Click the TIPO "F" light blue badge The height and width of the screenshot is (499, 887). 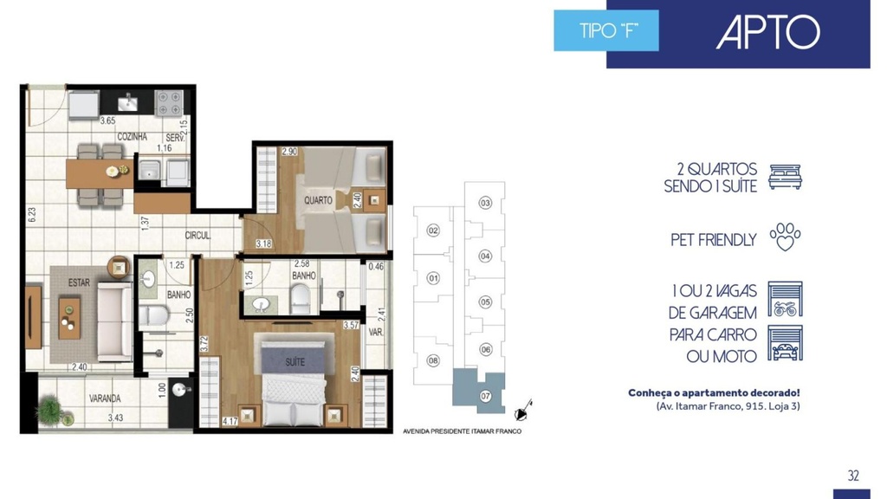click(x=605, y=30)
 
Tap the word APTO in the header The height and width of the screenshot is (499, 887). click(x=767, y=32)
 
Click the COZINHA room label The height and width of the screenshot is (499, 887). click(x=132, y=137)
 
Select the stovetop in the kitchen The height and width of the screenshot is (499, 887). click(x=169, y=103)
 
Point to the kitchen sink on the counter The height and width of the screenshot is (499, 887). click(x=128, y=102)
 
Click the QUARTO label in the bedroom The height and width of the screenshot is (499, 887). click(x=318, y=200)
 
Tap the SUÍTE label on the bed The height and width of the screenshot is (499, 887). click(x=295, y=361)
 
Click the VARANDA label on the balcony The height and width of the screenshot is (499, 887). click(x=105, y=399)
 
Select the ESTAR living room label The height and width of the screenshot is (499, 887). click(x=79, y=282)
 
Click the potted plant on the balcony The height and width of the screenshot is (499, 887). click(x=52, y=410)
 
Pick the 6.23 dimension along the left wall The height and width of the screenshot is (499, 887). click(x=32, y=215)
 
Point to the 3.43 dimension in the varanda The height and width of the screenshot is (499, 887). click(x=115, y=418)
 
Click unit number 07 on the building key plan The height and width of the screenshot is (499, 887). click(x=485, y=396)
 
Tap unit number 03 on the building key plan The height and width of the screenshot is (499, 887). click(x=485, y=203)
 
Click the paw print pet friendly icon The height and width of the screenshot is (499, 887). click(x=785, y=237)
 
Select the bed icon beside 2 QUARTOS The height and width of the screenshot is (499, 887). click(x=785, y=177)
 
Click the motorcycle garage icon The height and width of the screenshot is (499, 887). click(x=785, y=299)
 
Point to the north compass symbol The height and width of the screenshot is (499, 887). click(x=523, y=412)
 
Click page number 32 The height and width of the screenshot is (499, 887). click(x=853, y=476)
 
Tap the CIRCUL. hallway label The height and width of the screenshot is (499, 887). click(x=197, y=236)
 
